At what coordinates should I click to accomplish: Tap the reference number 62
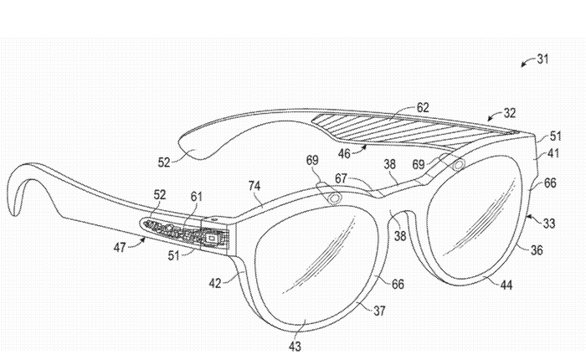(x=424, y=107)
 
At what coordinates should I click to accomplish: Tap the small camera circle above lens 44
(x=458, y=167)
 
